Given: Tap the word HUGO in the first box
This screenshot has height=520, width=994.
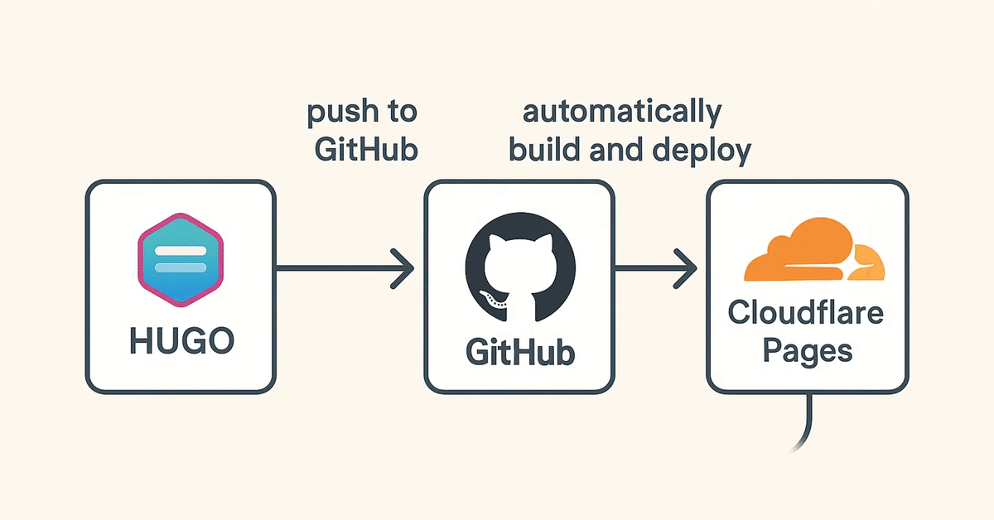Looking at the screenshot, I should pyautogui.click(x=181, y=340).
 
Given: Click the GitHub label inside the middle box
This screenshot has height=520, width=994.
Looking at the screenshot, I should pyautogui.click(x=519, y=352).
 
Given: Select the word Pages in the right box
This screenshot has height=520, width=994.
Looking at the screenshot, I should pyautogui.click(x=807, y=350).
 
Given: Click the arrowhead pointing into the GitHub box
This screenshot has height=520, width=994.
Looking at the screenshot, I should pyautogui.click(x=404, y=268).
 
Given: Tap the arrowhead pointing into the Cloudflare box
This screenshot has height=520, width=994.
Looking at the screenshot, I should pyautogui.click(x=687, y=268).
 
